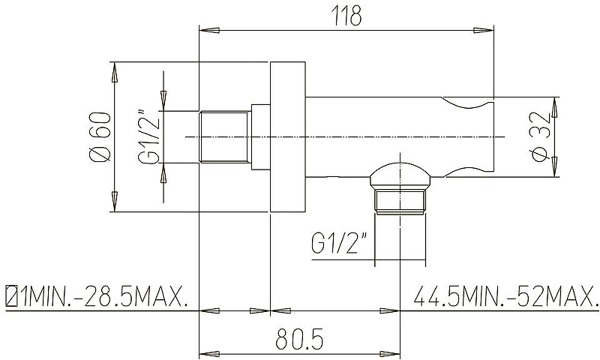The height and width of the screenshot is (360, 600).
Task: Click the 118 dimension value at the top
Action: click(x=346, y=16)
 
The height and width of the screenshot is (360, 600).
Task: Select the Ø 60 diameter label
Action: click(x=100, y=136)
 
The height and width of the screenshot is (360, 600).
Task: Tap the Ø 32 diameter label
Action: click(x=541, y=136)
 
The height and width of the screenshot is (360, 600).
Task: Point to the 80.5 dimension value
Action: click(x=299, y=338)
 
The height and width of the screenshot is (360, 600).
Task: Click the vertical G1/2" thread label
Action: click(x=149, y=137)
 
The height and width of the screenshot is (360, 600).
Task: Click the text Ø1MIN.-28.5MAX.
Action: click(x=97, y=295)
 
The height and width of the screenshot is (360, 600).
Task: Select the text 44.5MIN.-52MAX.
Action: click(x=505, y=295)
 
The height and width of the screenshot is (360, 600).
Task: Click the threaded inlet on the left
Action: click(x=225, y=137)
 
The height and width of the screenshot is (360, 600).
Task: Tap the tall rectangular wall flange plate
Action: click(x=288, y=136)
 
